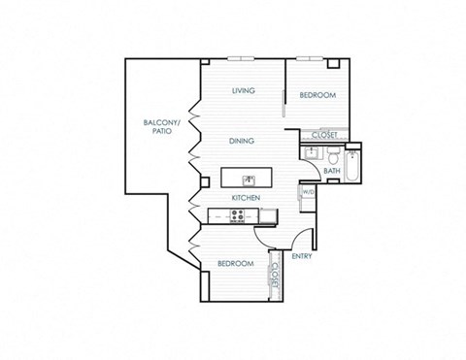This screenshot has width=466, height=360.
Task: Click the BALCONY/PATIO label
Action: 159,126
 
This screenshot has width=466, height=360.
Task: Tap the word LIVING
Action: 243,91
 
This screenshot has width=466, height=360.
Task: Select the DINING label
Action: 242,141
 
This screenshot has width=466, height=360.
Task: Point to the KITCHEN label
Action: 244,198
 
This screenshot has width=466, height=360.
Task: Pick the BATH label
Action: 331,172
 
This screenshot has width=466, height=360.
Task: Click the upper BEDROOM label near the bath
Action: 316,95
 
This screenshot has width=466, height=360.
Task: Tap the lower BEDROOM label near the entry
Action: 235,264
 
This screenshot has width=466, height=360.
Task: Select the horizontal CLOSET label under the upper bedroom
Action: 323,135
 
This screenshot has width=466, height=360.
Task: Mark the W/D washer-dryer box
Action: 308,192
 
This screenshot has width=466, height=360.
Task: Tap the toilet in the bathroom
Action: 333,156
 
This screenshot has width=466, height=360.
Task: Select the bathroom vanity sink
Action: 313,154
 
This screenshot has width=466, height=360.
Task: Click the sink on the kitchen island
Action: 249,180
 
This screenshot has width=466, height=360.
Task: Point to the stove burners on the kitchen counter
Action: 238,216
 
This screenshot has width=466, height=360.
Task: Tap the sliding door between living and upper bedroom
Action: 284,102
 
